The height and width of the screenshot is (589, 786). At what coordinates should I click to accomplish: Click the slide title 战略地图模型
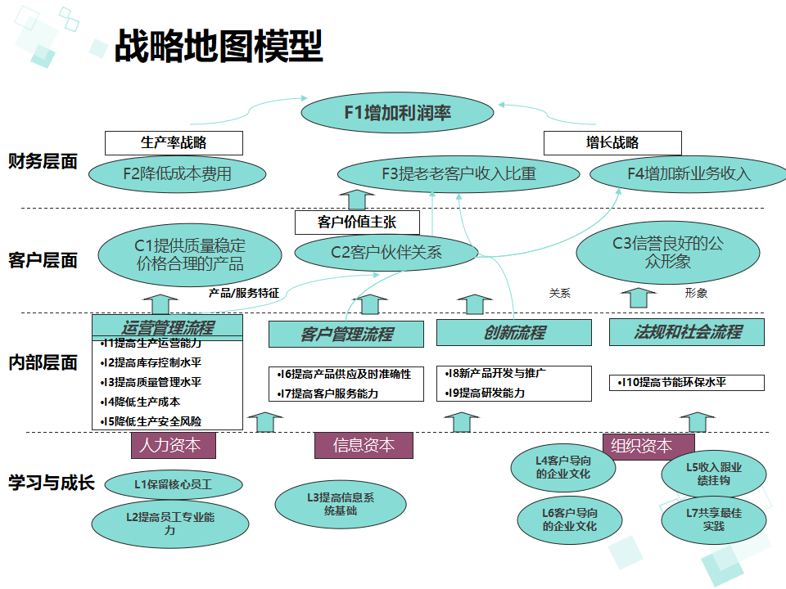coord(218,47)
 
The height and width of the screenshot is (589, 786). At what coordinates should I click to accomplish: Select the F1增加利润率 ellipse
coord(398,113)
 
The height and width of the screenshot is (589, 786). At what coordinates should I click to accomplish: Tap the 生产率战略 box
coord(174,142)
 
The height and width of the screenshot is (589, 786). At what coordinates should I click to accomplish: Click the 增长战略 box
coord(612,142)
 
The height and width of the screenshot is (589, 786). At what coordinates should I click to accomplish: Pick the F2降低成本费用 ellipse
coord(178,173)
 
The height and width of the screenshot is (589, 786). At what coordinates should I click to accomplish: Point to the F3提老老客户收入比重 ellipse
coord(458,173)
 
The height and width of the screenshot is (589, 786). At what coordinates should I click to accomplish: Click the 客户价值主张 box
coord(357,222)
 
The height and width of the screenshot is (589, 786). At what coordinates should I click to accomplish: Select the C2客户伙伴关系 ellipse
coord(386,252)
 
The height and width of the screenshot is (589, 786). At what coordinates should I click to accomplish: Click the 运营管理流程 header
coord(167,327)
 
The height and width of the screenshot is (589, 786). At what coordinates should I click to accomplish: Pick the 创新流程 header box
coord(513,332)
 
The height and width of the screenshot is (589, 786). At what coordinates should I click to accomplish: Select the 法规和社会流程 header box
coord(686,331)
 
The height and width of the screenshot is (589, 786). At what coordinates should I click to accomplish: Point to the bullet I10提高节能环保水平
coord(686,382)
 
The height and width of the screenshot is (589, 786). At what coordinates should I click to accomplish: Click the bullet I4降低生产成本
coord(141,402)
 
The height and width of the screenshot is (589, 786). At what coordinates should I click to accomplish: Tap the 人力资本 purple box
coord(173,445)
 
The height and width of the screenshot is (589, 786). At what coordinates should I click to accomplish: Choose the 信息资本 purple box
coord(364,445)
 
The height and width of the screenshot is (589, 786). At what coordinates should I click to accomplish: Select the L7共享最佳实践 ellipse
coord(713,520)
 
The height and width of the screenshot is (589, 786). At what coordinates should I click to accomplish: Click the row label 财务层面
coord(43,161)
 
